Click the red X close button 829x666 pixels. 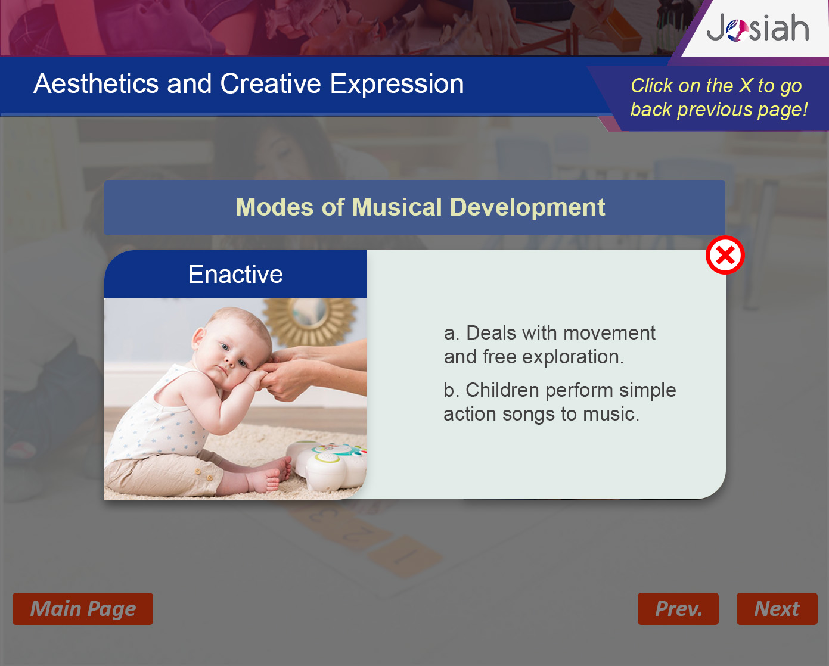(x=725, y=255)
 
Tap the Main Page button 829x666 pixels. (x=83, y=609)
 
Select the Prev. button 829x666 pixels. (x=678, y=609)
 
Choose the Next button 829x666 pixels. (x=777, y=609)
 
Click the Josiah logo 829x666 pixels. (x=757, y=28)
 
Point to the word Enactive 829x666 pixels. (x=235, y=274)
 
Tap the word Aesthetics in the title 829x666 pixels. (x=96, y=83)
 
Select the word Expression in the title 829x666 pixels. (x=397, y=83)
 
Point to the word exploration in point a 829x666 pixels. (x=573, y=357)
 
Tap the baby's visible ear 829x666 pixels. (x=198, y=337)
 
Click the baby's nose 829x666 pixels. (x=229, y=362)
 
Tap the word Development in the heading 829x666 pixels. (x=527, y=207)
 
